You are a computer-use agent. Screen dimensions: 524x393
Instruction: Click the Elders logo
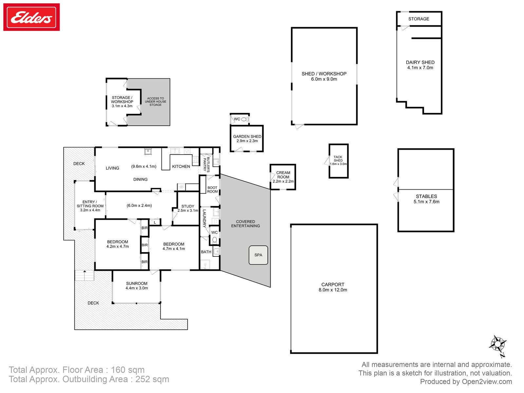pos(31,17)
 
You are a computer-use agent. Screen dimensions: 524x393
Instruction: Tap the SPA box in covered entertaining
pos(258,255)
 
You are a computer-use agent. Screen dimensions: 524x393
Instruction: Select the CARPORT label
pos(332,284)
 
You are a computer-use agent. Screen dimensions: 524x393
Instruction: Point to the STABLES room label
pos(426,196)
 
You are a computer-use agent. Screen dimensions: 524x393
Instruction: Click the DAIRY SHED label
pos(420,62)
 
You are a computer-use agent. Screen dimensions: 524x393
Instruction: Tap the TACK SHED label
pos(338,159)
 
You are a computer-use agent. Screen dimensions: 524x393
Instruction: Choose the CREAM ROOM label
pos(283,175)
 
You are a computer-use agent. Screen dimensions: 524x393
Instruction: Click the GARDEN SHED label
pos(247,136)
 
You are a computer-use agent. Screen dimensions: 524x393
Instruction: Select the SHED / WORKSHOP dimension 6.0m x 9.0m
pos(324,79)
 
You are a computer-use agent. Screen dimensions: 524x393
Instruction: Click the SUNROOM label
pos(137,283)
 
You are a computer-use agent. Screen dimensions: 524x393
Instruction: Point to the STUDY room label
pos(188,206)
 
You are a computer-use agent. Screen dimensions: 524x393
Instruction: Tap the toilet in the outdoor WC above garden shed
pos(245,119)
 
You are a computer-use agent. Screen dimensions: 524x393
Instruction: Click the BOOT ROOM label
pos(212,190)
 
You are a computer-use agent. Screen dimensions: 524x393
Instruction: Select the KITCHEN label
pos(181,166)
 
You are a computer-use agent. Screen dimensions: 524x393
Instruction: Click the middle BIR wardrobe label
pos(145,245)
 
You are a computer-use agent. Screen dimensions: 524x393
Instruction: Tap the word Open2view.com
pos(487,382)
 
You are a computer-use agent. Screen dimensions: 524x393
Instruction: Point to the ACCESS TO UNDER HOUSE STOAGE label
pos(156,102)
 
